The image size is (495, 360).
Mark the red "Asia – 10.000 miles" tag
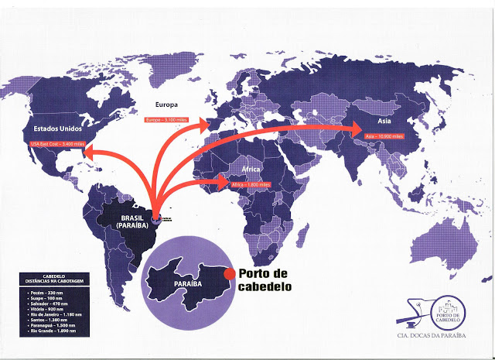[384, 135]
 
